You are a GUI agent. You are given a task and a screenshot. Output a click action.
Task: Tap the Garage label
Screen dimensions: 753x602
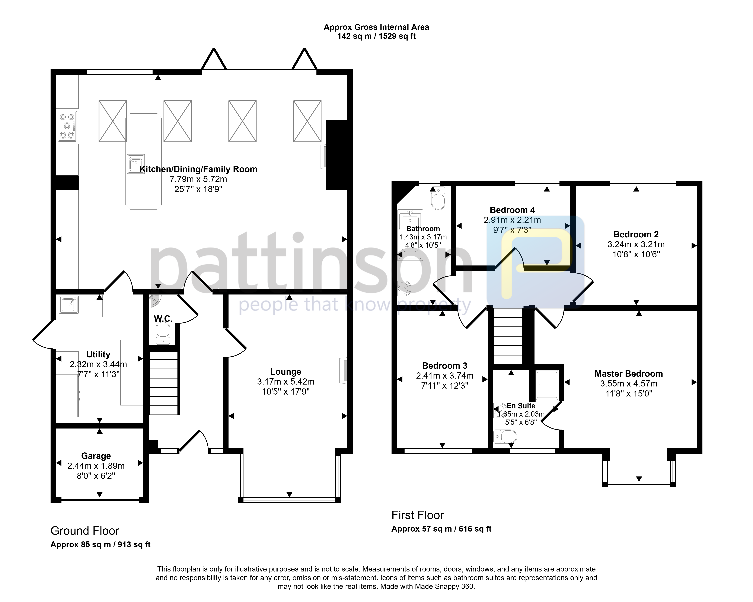96,456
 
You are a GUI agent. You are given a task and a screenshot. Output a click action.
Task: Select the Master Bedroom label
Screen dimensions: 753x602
629,374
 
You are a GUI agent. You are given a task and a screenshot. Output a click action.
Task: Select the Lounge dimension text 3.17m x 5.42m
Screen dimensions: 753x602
286,382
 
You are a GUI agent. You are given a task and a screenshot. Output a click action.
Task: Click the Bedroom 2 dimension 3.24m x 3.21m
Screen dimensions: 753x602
636,244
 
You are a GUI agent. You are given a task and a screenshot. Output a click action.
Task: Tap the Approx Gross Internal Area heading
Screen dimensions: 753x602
376,27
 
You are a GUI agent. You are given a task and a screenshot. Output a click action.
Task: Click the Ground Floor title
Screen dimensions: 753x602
85,531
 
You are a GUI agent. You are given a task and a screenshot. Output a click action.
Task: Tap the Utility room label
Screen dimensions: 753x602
98,354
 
